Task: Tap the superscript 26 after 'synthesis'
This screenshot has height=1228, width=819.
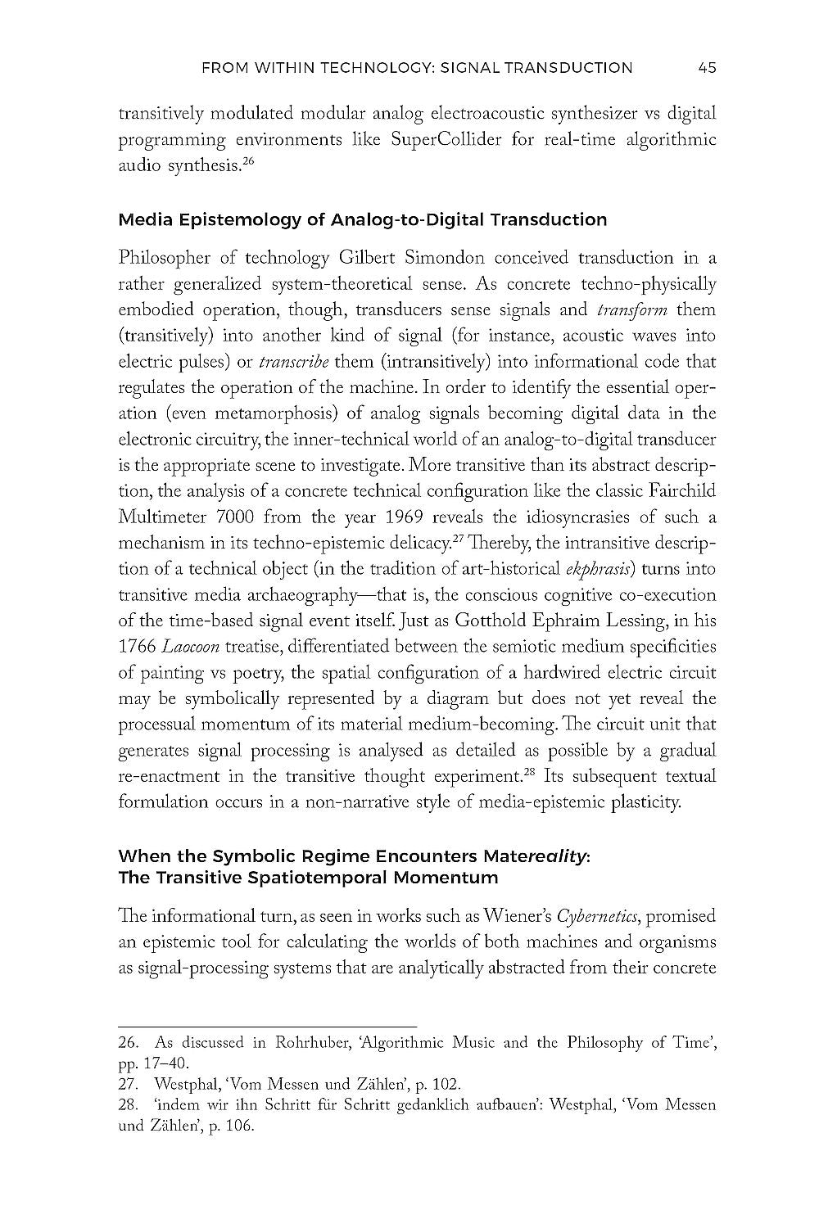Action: (249, 161)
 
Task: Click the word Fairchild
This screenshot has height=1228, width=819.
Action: (679, 491)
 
